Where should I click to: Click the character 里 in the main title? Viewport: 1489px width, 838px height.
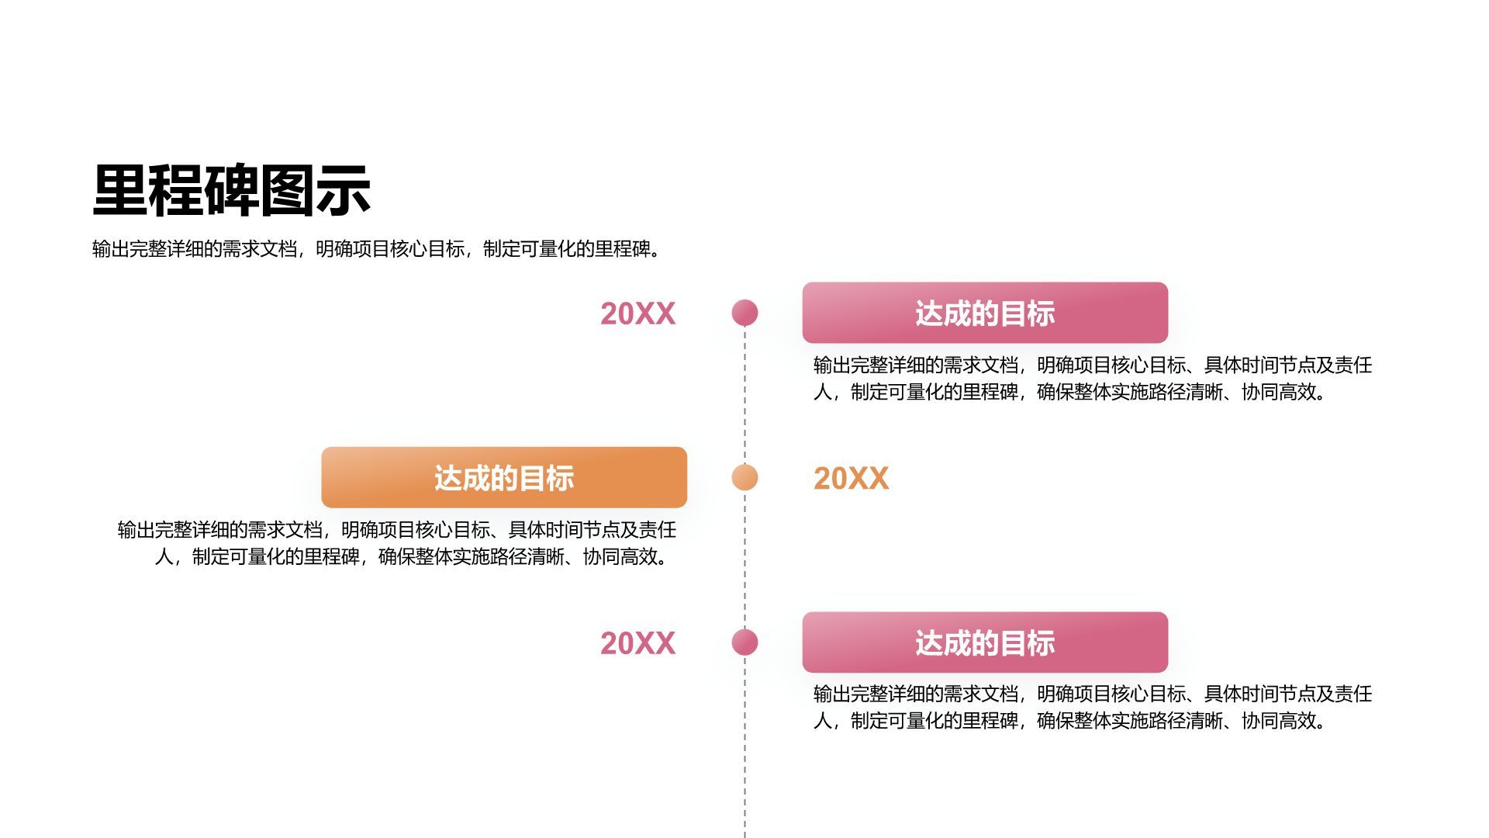120,190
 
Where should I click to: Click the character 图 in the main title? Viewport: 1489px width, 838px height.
288,190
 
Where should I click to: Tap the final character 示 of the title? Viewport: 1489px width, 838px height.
344,190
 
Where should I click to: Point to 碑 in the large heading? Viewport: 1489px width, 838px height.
232,190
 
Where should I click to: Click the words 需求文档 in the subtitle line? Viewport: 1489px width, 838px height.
259,249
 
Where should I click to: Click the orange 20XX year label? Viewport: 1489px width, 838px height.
851,478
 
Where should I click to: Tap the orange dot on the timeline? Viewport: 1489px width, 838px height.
744,477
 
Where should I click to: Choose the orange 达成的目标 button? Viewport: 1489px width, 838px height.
504,477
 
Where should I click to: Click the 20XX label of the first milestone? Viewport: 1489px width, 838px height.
637,313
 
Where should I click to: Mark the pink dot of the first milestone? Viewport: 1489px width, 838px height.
744,313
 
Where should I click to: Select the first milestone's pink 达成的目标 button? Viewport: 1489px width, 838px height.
985,313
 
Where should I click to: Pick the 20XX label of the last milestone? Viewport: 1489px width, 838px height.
637,643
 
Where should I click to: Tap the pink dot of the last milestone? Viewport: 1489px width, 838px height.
744,642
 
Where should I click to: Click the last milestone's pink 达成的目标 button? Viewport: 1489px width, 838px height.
985,642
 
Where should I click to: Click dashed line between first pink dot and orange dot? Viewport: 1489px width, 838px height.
744,396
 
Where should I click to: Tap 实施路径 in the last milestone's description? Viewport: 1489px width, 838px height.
1166,721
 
